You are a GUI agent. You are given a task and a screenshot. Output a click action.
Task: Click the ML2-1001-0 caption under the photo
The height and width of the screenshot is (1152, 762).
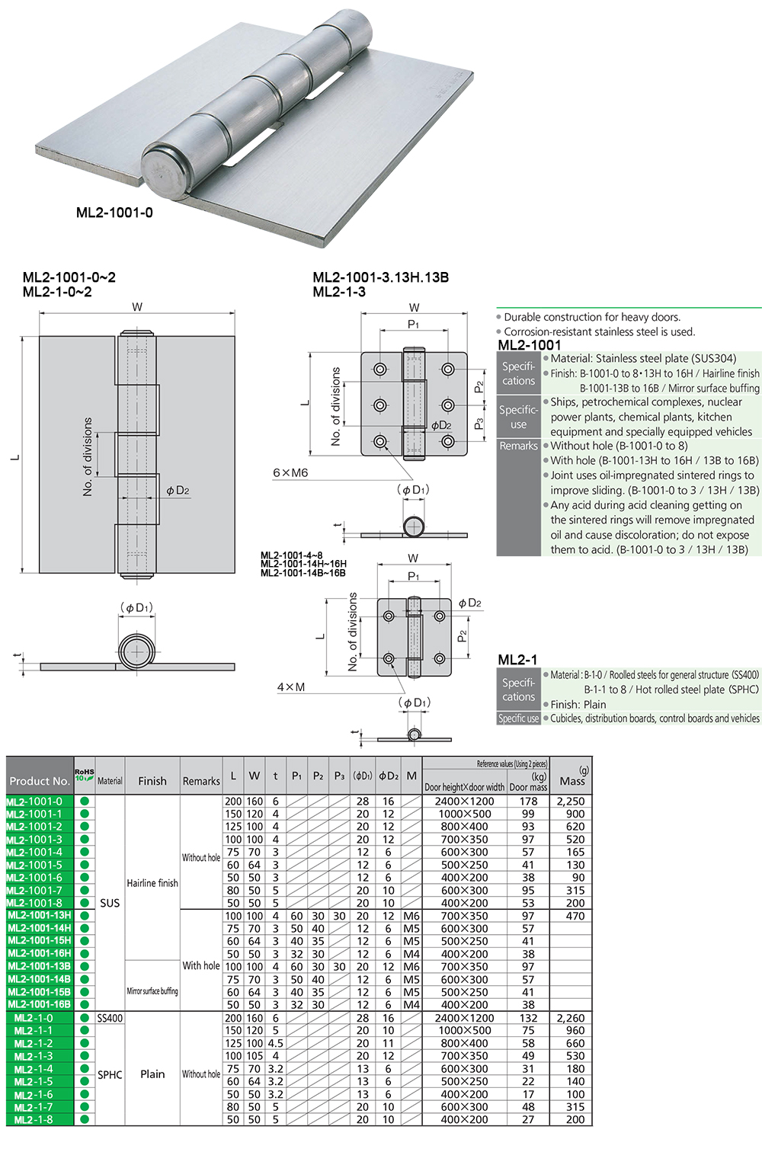pos(114,213)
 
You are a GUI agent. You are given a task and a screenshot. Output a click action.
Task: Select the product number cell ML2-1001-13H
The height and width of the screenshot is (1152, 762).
pos(40,916)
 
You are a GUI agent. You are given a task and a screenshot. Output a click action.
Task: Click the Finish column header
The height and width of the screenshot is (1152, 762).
pos(152,781)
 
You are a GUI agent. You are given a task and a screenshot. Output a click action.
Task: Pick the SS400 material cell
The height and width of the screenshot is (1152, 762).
pos(110,1018)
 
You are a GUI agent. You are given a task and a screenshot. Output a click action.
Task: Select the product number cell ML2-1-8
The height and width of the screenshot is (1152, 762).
pos(34,1120)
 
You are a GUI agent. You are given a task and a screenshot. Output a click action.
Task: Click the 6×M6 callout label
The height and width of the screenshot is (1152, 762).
pos(290,472)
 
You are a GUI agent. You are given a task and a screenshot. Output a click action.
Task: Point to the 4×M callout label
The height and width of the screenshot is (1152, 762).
pos(290,687)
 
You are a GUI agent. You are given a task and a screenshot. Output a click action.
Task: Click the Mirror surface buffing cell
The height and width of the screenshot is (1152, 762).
pos(152,991)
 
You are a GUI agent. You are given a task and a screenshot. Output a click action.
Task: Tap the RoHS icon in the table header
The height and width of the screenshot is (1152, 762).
pos(84,775)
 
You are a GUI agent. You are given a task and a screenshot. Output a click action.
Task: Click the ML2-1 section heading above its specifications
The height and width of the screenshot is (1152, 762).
pos(517,660)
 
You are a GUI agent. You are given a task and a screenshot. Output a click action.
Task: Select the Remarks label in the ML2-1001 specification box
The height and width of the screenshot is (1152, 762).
pos(518,446)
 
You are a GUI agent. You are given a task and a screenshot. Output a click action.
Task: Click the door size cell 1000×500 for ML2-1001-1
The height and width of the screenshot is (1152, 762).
pos(464,814)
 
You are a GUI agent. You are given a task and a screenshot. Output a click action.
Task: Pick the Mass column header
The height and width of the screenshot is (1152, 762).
pos(571,780)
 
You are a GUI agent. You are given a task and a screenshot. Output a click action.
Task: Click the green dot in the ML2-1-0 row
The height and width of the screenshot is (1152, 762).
pos(85,1018)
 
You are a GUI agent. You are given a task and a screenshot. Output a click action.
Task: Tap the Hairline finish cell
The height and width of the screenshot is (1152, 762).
pos(152,883)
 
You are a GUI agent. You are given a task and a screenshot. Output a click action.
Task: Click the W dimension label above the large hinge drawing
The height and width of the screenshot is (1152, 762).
pos(137,307)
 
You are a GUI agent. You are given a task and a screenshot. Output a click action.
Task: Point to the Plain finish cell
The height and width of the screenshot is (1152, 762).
pos(152,1074)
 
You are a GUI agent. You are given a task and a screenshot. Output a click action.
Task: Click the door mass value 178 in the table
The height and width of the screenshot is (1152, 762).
pos(528,802)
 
